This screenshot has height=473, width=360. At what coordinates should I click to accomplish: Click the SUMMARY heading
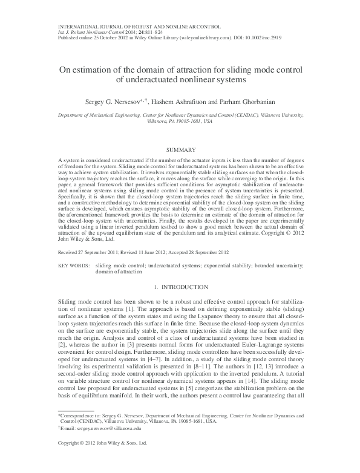coord(180,149)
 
